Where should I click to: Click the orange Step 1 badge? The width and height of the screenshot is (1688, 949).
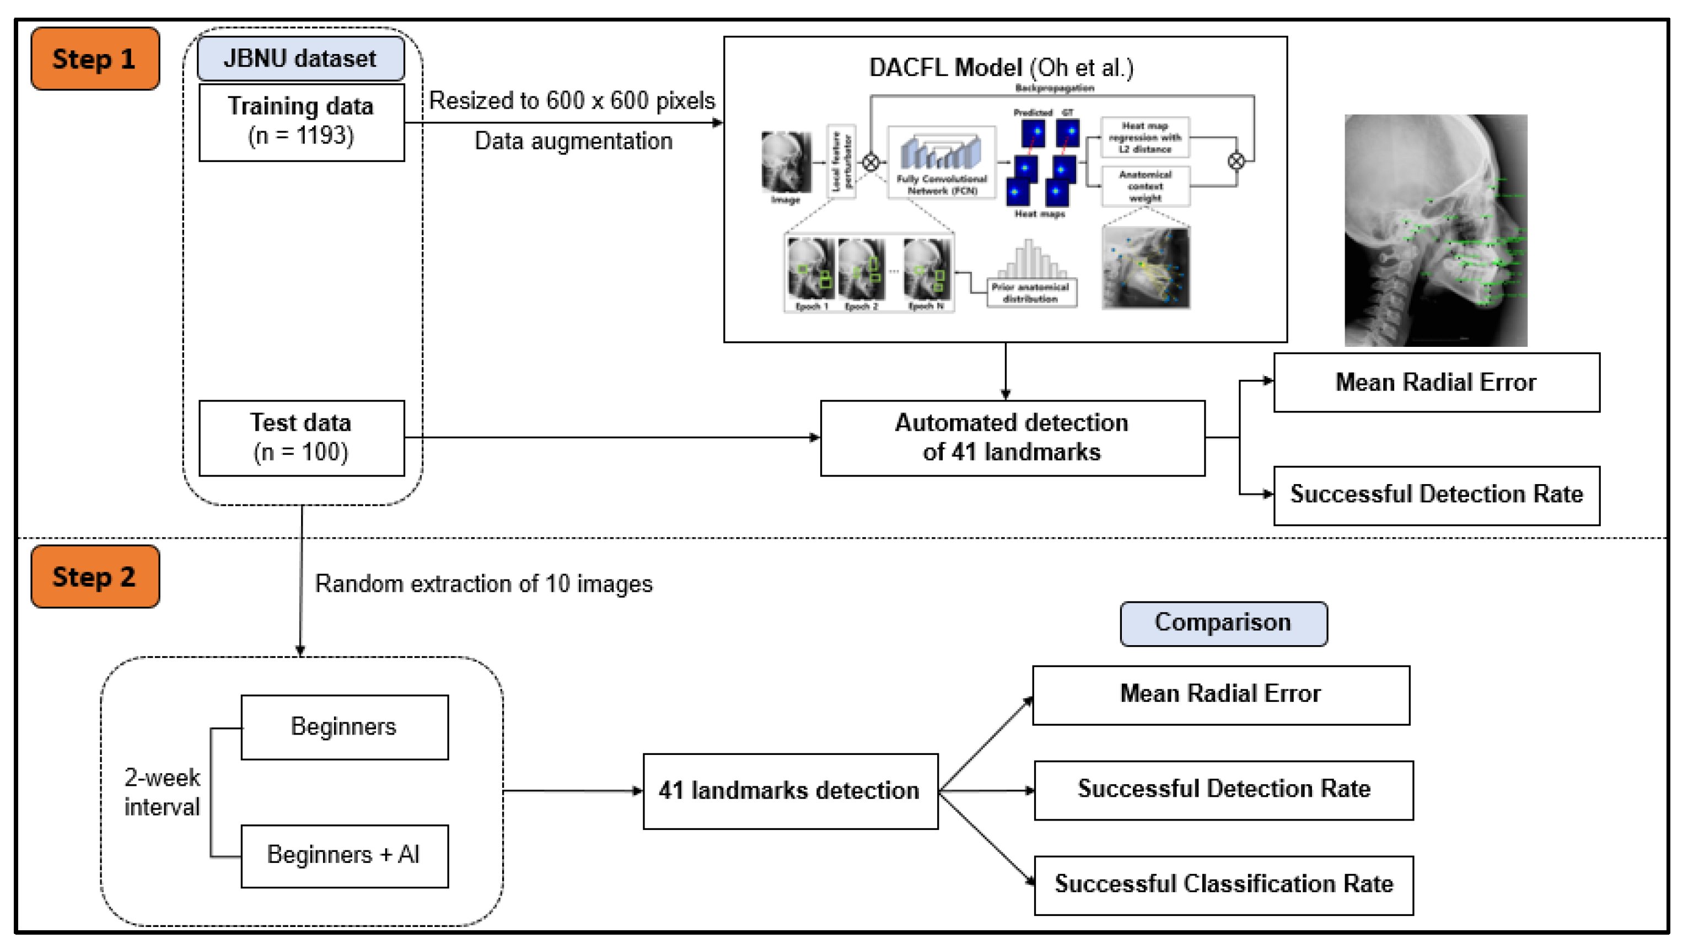[95, 58]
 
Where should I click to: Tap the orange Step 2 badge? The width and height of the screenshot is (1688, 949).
[95, 577]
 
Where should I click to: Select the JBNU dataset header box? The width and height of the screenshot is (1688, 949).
[301, 58]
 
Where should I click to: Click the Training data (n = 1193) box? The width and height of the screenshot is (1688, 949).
[302, 121]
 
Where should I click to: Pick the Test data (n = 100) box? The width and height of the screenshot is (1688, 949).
[302, 438]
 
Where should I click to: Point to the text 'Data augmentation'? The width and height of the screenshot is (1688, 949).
[573, 141]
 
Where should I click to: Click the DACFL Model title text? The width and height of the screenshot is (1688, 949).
[1001, 67]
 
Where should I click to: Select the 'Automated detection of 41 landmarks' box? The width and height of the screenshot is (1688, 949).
[1012, 438]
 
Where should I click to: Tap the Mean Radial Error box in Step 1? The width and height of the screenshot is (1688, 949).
[1436, 383]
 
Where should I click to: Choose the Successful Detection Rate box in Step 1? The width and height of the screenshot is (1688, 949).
[1436, 495]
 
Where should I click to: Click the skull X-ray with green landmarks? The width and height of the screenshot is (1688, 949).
[1435, 230]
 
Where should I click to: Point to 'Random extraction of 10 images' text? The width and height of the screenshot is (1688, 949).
[483, 584]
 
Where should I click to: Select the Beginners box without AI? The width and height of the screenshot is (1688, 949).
[344, 727]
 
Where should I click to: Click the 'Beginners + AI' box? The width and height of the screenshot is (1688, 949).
[344, 855]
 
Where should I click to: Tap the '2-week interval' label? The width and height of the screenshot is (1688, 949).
[162, 792]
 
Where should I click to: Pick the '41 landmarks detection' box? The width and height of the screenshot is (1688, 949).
[789, 791]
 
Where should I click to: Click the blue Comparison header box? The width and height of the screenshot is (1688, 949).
[1223, 623]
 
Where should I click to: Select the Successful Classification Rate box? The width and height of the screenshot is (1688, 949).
[1223, 885]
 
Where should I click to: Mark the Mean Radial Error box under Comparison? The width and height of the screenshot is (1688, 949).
[1220, 695]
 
